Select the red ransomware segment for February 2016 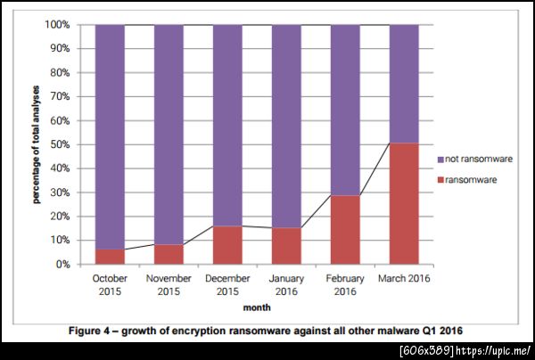click(x=345, y=230)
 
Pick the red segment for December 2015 click(x=227, y=245)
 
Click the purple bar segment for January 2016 click(x=286, y=126)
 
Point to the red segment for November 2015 click(x=169, y=255)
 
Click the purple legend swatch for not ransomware click(x=440, y=158)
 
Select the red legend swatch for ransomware click(x=440, y=179)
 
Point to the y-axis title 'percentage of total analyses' click(x=37, y=145)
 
